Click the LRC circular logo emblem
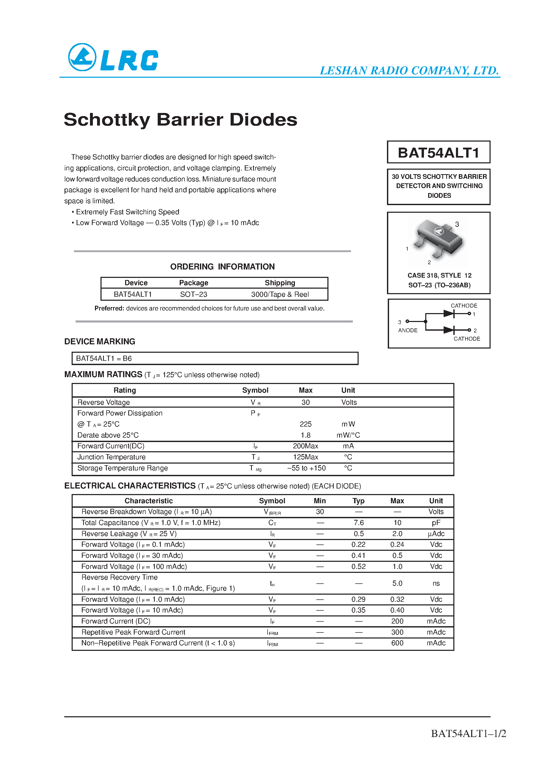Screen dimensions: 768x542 tap(82, 57)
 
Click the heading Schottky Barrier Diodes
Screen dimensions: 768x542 tap(180, 120)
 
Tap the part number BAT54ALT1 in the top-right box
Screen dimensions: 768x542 tap(438, 153)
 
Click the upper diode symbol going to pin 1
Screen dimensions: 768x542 tap(449, 313)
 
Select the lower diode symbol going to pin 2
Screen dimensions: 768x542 tap(449, 330)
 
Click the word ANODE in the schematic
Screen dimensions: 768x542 tap(408, 330)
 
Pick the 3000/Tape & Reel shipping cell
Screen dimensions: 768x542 tap(280, 294)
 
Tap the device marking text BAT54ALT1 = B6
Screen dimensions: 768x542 tap(104, 358)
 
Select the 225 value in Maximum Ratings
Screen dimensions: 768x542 tap(305, 424)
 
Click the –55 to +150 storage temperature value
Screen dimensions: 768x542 tap(306, 468)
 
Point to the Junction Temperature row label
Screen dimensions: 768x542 tap(111, 457)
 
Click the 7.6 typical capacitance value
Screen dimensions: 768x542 tap(359, 523)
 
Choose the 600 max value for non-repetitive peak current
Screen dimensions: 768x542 tap(397, 643)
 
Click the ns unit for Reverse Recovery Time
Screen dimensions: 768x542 tap(436, 583)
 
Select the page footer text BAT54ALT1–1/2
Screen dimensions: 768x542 tap(469, 733)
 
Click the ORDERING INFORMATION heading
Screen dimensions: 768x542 tap(222, 267)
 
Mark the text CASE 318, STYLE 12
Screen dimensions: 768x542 tap(439, 275)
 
